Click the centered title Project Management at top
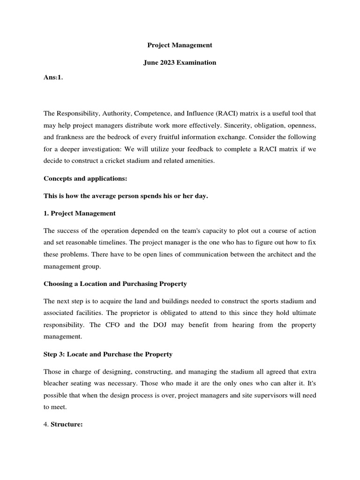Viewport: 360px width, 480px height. point(180,45)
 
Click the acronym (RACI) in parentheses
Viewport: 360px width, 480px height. point(224,114)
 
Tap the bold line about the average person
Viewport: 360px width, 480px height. point(126,196)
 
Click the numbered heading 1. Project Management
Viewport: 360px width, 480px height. point(79,213)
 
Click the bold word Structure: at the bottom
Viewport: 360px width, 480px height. point(67,424)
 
